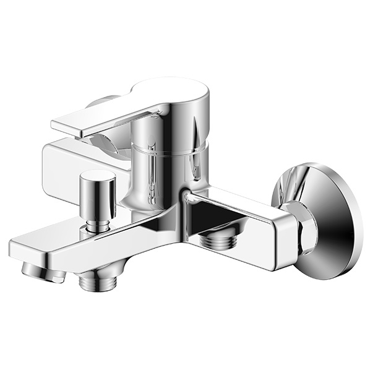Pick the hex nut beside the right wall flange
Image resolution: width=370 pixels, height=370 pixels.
point(304,229)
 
